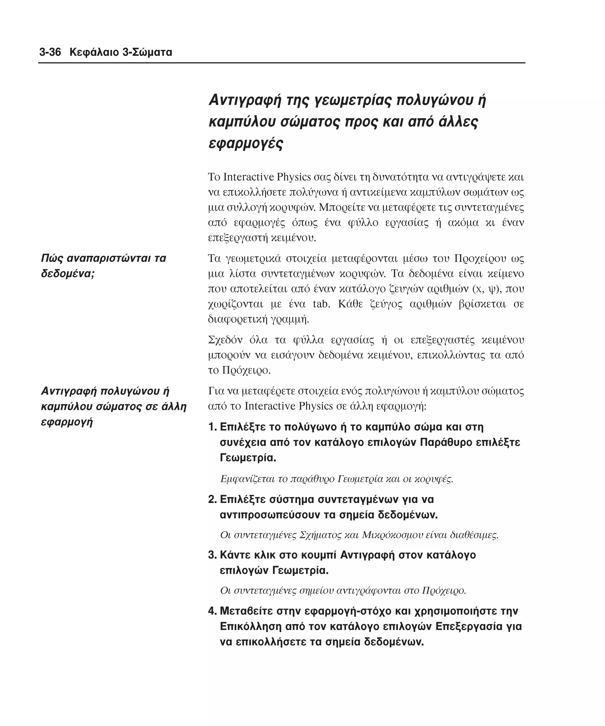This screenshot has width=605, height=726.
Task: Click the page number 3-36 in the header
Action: [50, 53]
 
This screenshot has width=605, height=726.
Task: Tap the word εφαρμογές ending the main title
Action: [246, 143]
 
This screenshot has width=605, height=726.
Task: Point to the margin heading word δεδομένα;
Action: [68, 274]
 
